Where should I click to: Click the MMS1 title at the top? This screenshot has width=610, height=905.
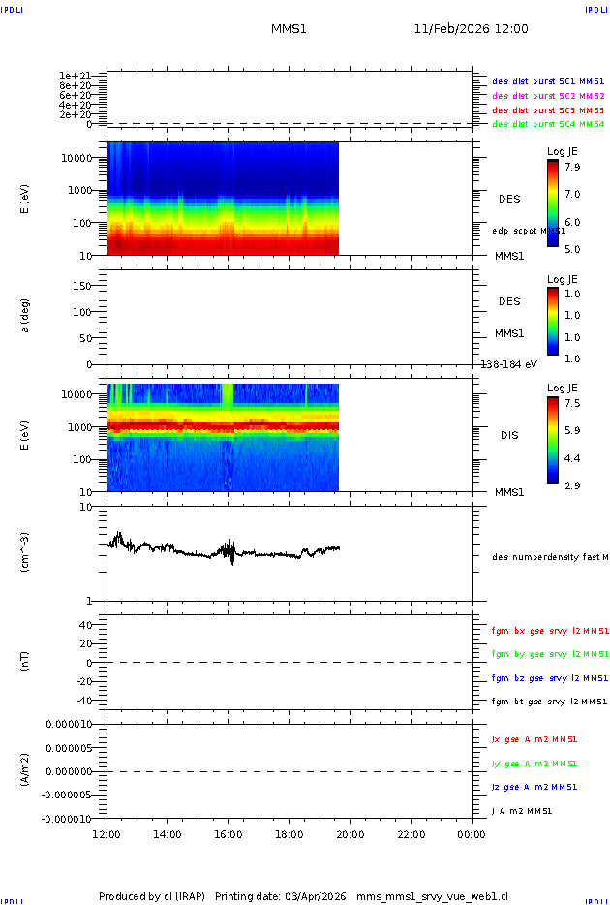(289, 29)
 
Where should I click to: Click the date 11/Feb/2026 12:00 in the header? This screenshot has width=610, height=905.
(471, 29)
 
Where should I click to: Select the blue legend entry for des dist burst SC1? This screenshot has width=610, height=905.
(548, 82)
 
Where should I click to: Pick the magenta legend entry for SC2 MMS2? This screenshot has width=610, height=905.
(548, 96)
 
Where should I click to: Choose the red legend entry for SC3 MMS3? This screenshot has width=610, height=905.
(548, 110)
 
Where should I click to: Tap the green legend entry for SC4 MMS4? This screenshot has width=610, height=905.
(548, 124)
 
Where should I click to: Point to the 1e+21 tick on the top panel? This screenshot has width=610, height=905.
(75, 76)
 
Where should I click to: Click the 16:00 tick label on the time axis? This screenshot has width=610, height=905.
(228, 833)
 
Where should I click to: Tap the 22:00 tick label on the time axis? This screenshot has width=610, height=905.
(411, 833)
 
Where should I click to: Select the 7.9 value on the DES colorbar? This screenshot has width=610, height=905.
(572, 167)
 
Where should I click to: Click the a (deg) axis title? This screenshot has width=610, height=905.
(26, 315)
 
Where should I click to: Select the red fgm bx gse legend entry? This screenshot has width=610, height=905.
(549, 631)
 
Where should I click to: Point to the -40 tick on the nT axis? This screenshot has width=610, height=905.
(86, 700)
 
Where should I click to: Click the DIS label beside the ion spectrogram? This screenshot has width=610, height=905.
(508, 435)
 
